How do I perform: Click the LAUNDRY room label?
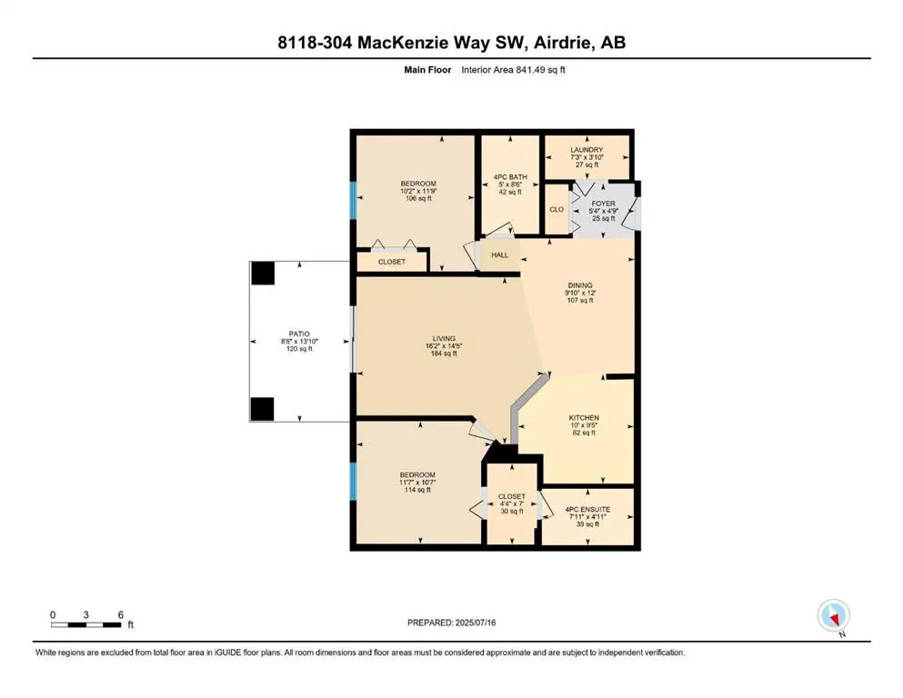coord(587,150)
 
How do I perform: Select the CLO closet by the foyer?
coord(557,210)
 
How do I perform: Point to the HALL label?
coord(500,254)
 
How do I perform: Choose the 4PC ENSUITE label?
coord(587,509)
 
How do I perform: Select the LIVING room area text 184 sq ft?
coord(443,354)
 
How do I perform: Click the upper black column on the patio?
coord(263,273)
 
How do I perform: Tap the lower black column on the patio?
coord(263,409)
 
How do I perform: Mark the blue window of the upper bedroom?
coord(352,199)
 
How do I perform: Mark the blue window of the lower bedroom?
coord(352,482)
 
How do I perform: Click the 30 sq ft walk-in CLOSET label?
coord(512,511)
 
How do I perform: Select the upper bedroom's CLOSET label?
coord(392,262)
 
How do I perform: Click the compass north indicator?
coord(833,617)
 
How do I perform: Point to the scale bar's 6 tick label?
coord(120,615)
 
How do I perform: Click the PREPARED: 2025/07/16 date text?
coord(452,623)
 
